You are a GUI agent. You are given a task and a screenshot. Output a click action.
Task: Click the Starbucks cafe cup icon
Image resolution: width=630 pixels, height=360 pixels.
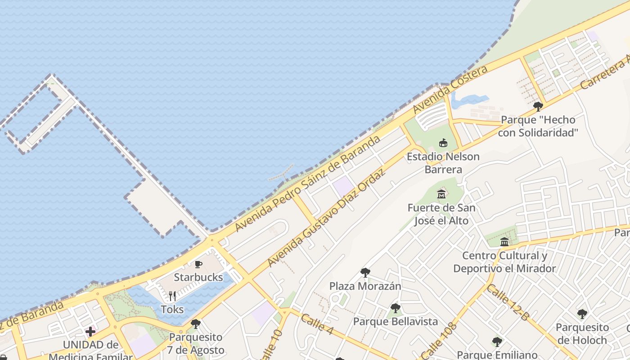[198, 264]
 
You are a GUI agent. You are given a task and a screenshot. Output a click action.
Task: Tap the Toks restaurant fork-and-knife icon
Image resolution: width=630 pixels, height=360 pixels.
[172, 296]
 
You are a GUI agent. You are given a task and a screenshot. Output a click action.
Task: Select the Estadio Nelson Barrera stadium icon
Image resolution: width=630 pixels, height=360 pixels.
[443, 143]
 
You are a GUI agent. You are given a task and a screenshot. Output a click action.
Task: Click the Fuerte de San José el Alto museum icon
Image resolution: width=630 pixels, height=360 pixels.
[441, 194]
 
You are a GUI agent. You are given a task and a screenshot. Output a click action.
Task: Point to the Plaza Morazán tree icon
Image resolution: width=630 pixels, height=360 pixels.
[365, 273]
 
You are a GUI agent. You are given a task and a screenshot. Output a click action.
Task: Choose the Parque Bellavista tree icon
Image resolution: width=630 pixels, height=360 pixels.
[395, 308]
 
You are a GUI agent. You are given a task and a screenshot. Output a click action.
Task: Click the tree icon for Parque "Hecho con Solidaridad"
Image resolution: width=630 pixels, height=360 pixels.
[538, 107]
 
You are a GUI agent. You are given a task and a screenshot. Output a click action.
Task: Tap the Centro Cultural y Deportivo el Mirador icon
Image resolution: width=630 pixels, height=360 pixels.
[504, 242]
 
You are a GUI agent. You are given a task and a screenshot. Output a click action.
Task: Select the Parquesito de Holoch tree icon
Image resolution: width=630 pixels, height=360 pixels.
[582, 314]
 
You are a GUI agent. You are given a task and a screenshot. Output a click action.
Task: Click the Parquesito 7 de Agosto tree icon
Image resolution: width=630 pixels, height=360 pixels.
[195, 324]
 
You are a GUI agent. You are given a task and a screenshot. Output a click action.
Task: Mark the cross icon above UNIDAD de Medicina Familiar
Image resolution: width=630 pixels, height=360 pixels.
[90, 332]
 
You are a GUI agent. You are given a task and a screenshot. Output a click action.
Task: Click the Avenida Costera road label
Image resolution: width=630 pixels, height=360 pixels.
[450, 90]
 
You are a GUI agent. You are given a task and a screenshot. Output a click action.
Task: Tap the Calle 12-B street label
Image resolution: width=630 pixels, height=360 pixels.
[508, 302]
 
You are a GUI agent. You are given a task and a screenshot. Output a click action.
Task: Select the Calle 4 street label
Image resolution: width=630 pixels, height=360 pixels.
[317, 324]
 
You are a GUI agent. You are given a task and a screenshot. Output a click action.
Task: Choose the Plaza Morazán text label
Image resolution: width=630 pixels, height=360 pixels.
[365, 286]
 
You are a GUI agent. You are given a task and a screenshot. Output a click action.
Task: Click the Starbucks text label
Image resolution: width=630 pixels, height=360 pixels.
[198, 277]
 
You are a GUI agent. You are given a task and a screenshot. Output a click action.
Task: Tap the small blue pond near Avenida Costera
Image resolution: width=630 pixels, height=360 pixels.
[468, 100]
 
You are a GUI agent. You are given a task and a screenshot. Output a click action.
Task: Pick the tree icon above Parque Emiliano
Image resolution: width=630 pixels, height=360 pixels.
[497, 342]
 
